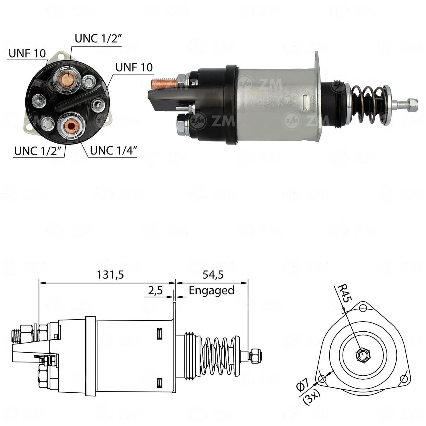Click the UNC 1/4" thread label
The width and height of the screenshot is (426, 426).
pos(113,150)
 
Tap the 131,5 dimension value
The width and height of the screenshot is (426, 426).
pos(110,275)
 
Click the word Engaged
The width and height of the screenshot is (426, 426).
pos(211,290)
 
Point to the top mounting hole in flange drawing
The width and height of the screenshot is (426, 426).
pos(363,308)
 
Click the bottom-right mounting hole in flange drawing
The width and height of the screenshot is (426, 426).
pos(404,379)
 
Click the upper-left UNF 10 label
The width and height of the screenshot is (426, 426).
pos(27,53)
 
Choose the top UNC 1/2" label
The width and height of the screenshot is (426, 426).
pos(98,38)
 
